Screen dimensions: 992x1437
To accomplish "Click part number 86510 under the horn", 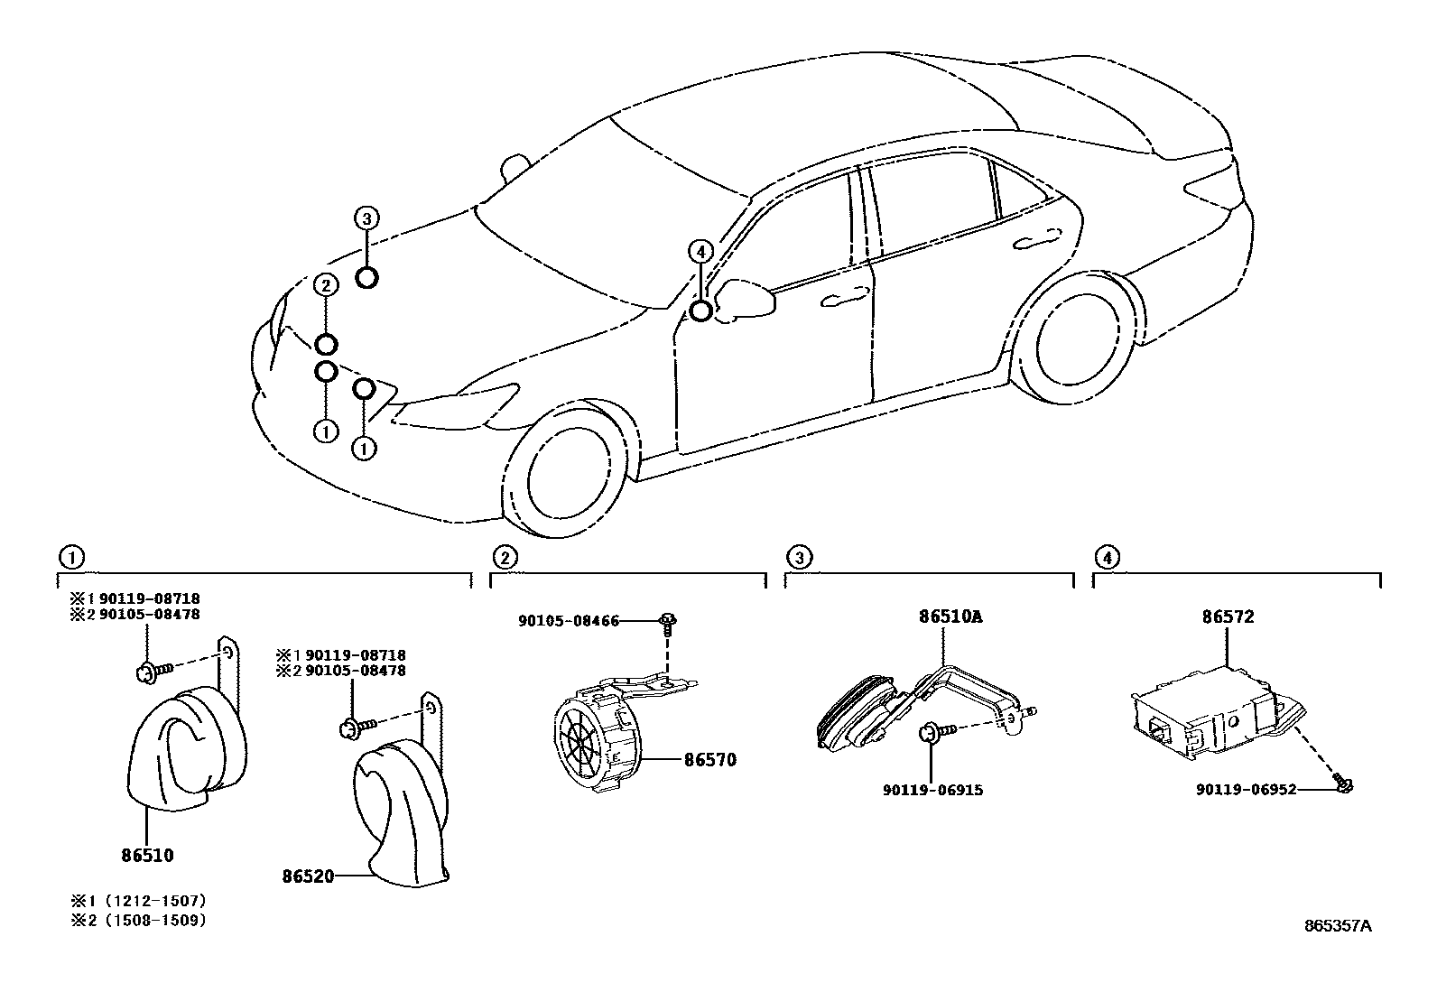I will pyautogui.click(x=147, y=855).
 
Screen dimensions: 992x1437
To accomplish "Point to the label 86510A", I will pyautogui.click(x=950, y=618).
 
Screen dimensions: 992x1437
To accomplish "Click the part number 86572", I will pyautogui.click(x=1227, y=618).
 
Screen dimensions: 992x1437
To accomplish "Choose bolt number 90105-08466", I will pyautogui.click(x=569, y=621).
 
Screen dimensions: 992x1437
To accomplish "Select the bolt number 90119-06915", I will pyautogui.click(x=932, y=790).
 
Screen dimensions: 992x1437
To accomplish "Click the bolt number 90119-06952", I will pyautogui.click(x=1247, y=790).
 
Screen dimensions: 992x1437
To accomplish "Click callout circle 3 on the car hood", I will pyautogui.click(x=366, y=218).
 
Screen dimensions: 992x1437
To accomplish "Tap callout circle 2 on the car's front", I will pyautogui.click(x=326, y=286).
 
